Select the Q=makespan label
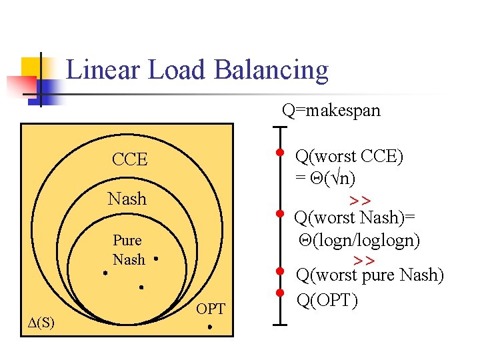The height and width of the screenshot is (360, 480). [331, 110]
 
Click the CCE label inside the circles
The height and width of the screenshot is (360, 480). [129, 160]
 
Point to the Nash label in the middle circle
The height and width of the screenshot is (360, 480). [127, 199]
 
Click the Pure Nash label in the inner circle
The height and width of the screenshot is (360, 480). [127, 249]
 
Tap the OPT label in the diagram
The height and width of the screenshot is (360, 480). [211, 309]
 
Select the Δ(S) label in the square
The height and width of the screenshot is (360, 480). [41, 323]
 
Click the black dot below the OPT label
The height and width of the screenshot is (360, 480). [209, 327]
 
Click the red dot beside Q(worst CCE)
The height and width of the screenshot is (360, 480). [280, 152]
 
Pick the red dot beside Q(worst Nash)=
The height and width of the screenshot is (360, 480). [280, 214]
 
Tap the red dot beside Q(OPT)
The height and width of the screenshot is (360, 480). [280, 293]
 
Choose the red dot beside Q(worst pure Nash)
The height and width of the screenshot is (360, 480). [280, 271]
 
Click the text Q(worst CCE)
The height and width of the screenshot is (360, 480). [349, 157]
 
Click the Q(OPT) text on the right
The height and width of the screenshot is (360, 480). [327, 301]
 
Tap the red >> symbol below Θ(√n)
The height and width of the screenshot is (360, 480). [360, 200]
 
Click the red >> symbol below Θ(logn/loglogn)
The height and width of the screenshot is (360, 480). [364, 259]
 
